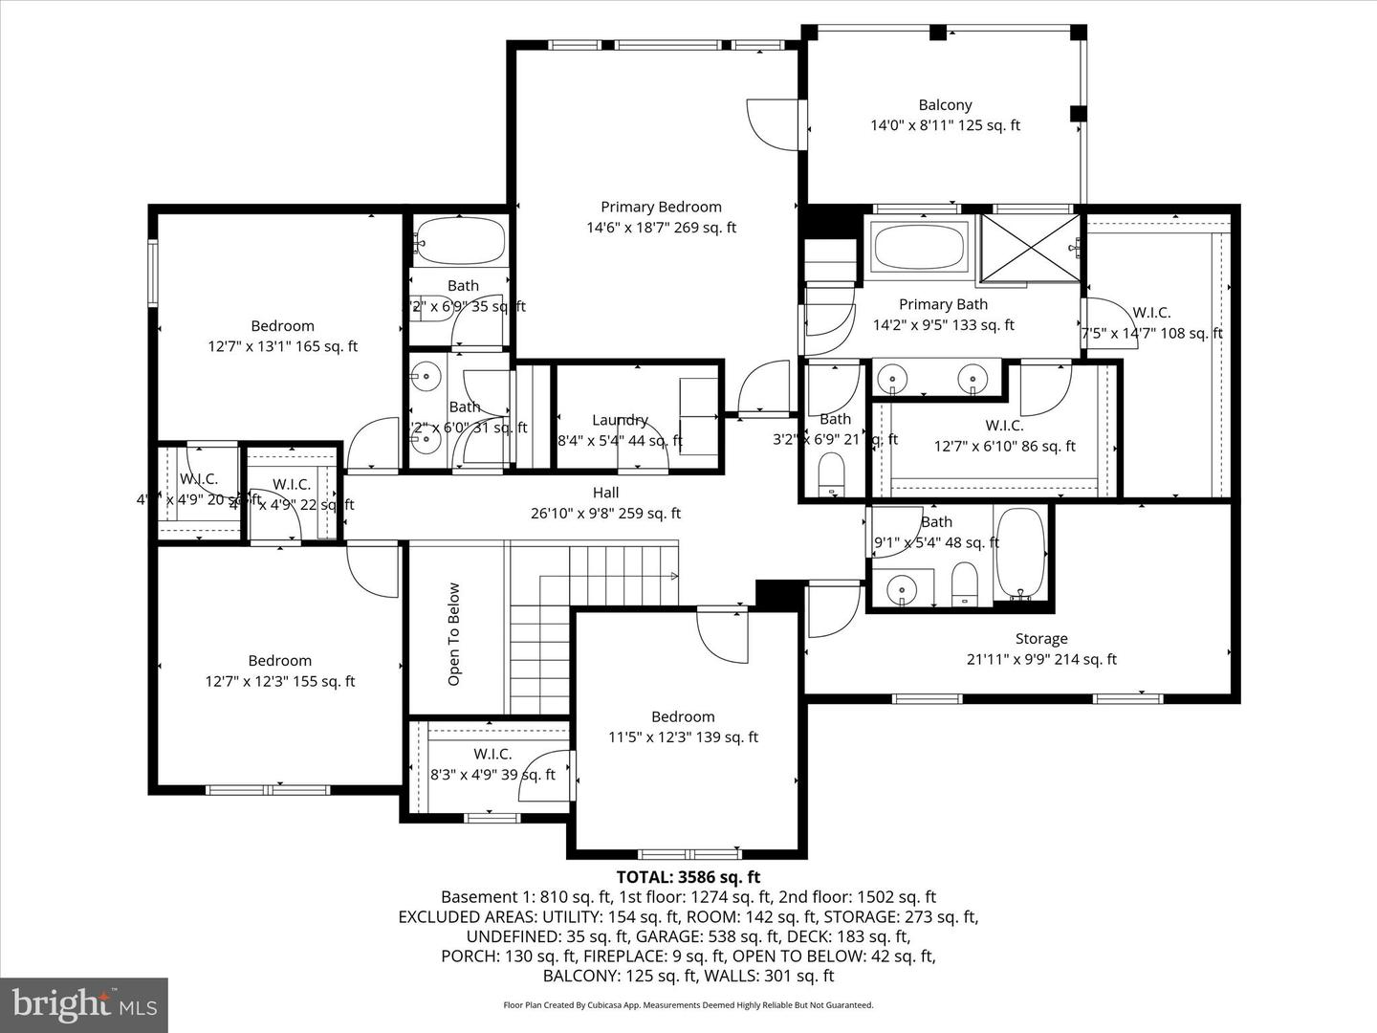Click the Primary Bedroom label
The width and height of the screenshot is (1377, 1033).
point(661,207)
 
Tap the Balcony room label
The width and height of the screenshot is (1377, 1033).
point(945,105)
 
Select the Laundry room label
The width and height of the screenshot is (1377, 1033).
point(620,420)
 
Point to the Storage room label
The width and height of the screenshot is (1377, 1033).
point(1041,638)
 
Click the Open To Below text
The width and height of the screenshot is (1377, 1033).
point(454,634)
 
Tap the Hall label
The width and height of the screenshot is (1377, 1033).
point(605,493)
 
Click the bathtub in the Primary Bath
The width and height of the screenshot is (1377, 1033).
point(919,247)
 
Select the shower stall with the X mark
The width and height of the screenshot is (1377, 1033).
point(1030,248)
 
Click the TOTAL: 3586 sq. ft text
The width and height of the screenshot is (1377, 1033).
point(688,876)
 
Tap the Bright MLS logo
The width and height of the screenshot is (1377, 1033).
point(84,1004)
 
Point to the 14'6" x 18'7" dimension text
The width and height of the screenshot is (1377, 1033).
point(661,228)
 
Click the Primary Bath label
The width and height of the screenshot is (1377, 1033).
point(943,304)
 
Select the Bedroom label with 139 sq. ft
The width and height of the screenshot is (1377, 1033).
point(683,716)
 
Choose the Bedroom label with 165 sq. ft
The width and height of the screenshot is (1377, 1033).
point(282,326)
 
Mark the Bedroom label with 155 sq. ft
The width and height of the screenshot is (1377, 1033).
point(279,660)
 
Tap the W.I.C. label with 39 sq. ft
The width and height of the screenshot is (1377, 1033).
point(492,754)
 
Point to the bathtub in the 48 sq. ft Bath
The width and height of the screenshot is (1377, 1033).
point(1021,553)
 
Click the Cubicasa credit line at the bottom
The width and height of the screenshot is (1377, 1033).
point(688,1005)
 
